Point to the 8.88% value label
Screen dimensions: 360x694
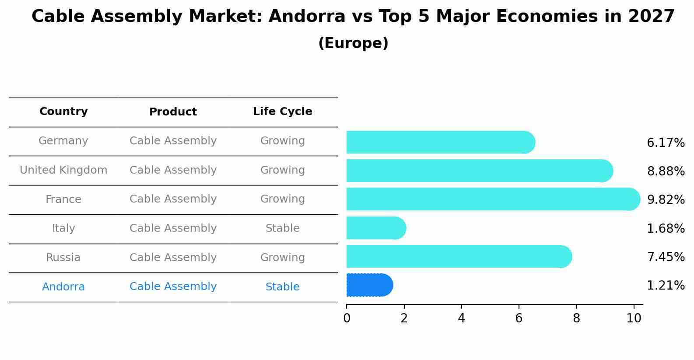tap(666, 171)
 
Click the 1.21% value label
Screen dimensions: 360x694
tap(666, 286)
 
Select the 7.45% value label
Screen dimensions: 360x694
tap(666, 257)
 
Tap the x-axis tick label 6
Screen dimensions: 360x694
tap(519, 318)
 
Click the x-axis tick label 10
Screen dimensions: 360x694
tap(634, 318)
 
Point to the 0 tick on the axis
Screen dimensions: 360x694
tap(347, 318)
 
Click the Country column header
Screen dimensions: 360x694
tap(63, 112)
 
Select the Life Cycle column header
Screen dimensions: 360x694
tap(282, 112)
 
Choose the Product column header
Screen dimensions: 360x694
tap(173, 112)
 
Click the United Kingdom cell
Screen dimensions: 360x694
tap(63, 170)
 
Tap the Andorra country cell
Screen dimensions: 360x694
tap(63, 287)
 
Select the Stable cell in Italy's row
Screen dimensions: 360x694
tap(282, 228)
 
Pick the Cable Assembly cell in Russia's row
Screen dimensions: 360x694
tap(173, 258)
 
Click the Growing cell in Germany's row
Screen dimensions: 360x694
tap(282, 141)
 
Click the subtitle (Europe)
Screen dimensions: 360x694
tap(353, 43)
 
